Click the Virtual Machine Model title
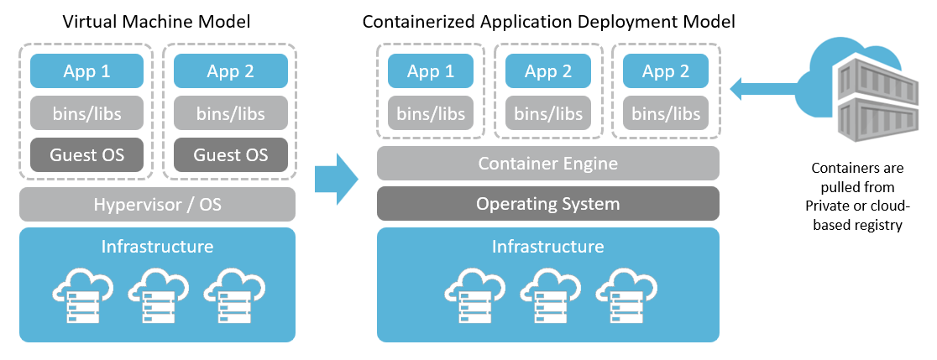coord(157,21)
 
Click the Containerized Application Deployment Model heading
coord(548,21)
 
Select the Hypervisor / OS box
coord(157,204)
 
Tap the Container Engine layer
coord(547,164)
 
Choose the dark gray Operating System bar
coord(547,204)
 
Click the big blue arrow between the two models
coord(336,179)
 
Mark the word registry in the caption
coord(873,224)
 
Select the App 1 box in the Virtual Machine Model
coord(86,71)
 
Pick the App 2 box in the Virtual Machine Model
coord(230,71)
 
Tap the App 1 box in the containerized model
coord(430,71)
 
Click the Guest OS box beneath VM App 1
coord(86,154)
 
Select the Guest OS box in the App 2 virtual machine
coord(230,154)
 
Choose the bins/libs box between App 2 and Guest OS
coord(230,113)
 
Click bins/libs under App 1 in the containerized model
coord(430,113)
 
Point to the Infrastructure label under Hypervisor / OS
coord(157,247)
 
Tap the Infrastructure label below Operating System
coord(547,247)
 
